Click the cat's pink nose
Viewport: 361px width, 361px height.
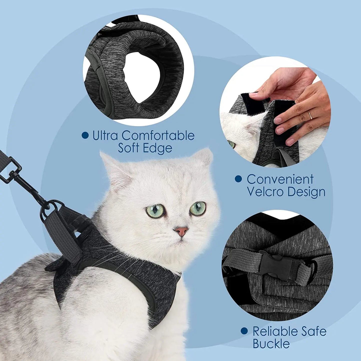(x=181, y=231)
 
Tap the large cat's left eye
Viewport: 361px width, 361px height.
(x=198, y=208)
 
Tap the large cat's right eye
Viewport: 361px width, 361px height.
(x=155, y=211)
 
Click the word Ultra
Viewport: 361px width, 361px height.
(x=105, y=136)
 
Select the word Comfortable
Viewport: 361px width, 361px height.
(x=158, y=136)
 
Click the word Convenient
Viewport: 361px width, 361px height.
(x=280, y=179)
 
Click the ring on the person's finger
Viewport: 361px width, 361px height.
(x=310, y=115)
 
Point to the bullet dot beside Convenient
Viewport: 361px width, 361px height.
(x=239, y=179)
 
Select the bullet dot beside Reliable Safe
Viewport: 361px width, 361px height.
(x=244, y=331)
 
